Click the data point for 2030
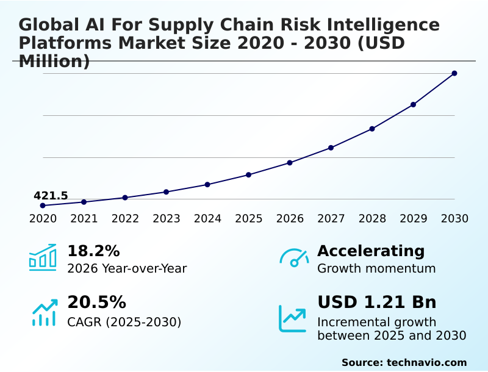454,73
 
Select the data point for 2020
43,206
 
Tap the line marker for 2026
290,163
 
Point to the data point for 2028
372,129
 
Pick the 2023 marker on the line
167,192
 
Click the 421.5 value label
51,196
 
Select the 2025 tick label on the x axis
249,218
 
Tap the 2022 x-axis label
125,218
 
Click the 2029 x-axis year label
414,218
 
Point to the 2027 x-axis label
331,218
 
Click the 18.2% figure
93,251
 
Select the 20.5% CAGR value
96,302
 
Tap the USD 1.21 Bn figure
377,302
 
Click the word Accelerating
371,251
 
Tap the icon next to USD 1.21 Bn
292,318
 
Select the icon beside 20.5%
44,312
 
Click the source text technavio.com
426,362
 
